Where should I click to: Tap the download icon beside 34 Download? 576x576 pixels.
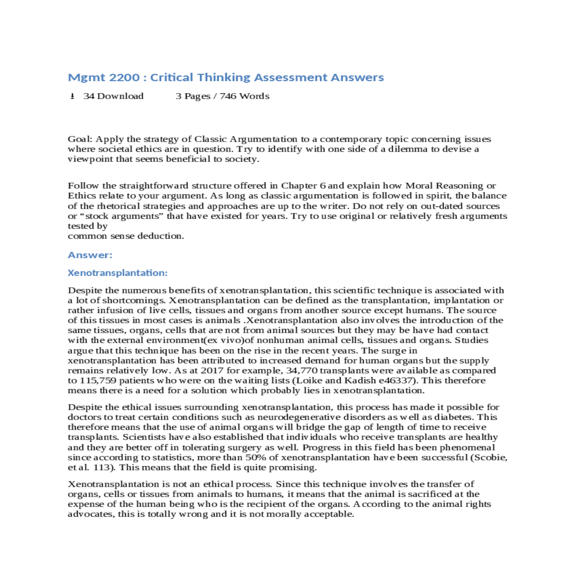point(72,96)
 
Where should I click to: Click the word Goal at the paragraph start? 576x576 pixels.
point(79,139)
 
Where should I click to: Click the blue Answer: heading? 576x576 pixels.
point(90,255)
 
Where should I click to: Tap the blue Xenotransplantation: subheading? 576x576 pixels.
point(118,273)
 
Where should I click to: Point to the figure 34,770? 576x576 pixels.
point(301,371)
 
